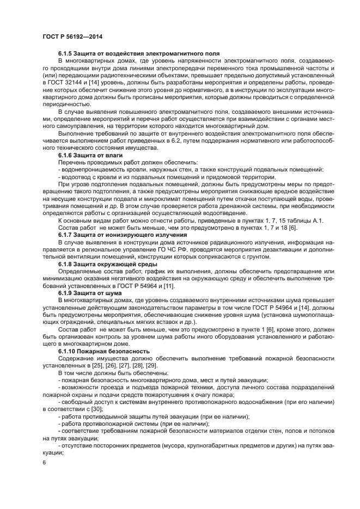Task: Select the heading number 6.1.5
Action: point(68,54)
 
